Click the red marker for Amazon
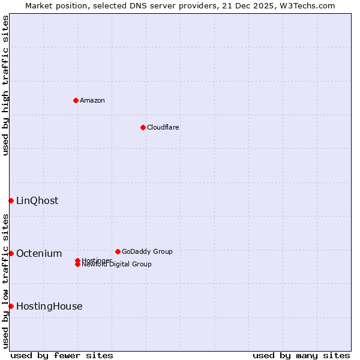pos(76,100)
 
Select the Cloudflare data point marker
pos(143,127)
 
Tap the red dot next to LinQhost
pos(11,200)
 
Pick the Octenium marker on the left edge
pos(11,253)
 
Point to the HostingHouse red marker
pos(11,306)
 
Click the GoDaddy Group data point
pos(118,251)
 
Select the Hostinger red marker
pos(78,260)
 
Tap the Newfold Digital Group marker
pos(78,265)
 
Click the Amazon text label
pos(92,100)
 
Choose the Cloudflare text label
pos(163,127)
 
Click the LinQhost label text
pos(37,200)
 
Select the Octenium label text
pos(39,253)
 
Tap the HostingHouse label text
pos(49,306)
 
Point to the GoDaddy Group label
pos(147,251)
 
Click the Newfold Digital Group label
pos(118,265)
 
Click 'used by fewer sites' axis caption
pos(62,355)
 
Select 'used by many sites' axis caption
pos(301,355)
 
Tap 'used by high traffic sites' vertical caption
pos(5,85)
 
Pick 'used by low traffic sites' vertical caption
pos(5,281)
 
